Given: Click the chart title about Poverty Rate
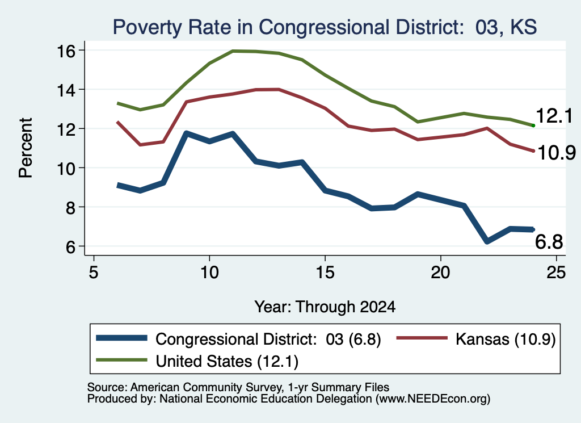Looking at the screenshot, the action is [x=325, y=27].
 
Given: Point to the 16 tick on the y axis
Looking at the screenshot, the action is [x=66, y=51].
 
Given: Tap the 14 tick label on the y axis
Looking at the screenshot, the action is [x=66, y=90].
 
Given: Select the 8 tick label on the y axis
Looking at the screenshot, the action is [x=71, y=207].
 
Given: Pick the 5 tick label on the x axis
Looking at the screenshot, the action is [x=94, y=272].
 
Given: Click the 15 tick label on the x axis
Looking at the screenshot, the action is [x=325, y=272].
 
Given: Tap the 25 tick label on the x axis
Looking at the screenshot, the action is [x=556, y=272].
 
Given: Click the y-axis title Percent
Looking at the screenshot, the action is [x=26, y=148].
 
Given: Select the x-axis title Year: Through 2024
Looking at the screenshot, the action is [x=325, y=307].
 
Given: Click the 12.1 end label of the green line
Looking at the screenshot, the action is [x=554, y=116].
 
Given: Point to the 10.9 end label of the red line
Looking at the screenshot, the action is [x=556, y=152].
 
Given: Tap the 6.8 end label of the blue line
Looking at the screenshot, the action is [x=549, y=242].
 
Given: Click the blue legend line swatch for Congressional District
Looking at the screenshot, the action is [x=121, y=338].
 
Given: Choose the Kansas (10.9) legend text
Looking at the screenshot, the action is [x=506, y=339].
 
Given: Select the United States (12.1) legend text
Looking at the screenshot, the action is [x=227, y=361].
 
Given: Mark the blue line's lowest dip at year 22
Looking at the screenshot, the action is [x=487, y=241].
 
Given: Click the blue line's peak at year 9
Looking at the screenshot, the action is [x=186, y=133].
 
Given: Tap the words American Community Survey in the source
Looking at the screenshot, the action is [x=205, y=387].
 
